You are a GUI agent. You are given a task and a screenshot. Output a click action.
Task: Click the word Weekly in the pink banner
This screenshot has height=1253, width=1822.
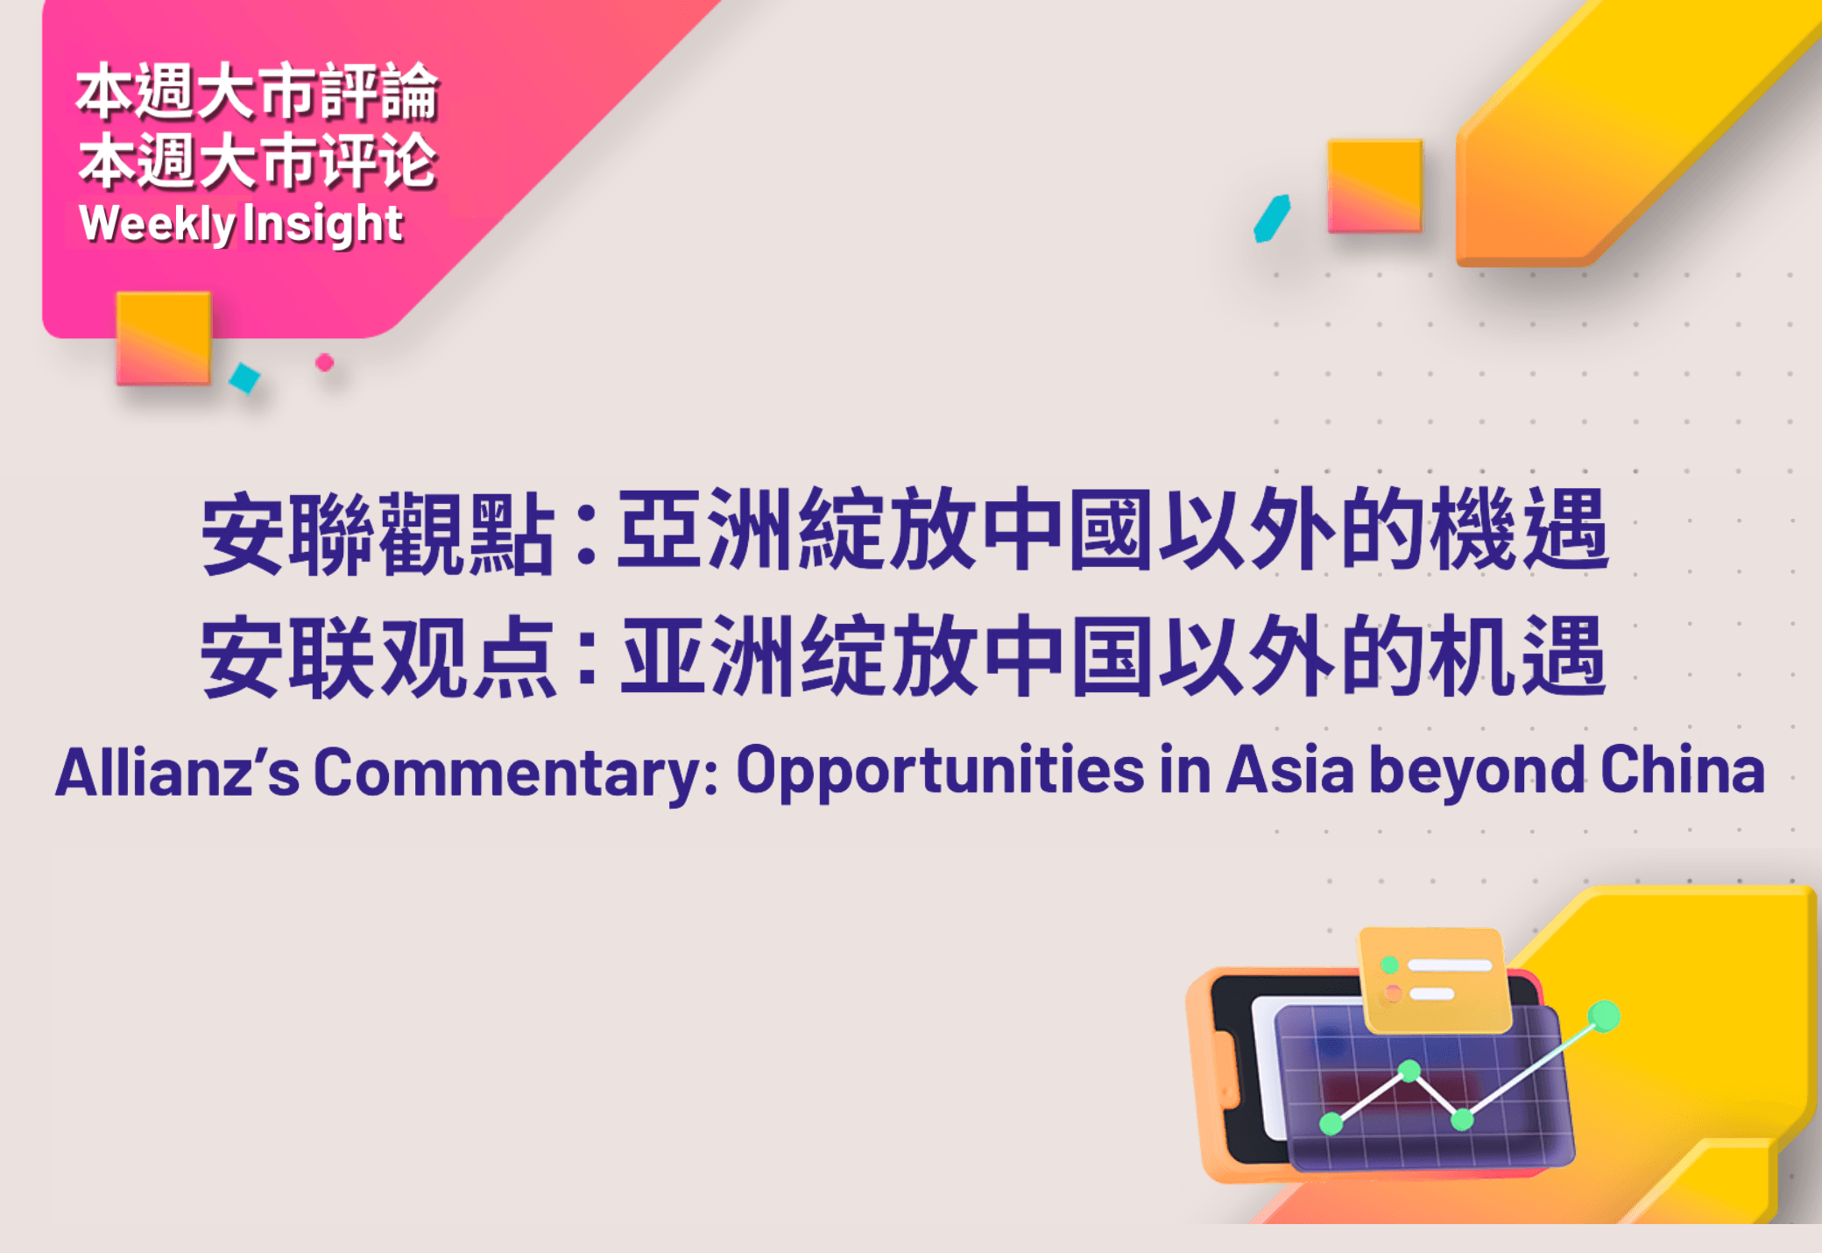pyautogui.click(x=157, y=223)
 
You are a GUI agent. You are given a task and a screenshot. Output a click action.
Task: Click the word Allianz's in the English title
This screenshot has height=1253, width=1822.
pyautogui.click(x=178, y=772)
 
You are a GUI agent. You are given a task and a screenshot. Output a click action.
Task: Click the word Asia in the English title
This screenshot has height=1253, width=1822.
pyautogui.click(x=1289, y=771)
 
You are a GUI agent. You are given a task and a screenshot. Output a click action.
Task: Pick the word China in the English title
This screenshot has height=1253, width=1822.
pyautogui.click(x=1683, y=770)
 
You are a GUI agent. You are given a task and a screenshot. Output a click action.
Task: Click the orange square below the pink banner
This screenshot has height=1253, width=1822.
pyautogui.click(x=164, y=338)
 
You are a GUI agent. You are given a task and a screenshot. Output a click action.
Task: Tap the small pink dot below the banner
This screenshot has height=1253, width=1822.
pyautogui.click(x=324, y=362)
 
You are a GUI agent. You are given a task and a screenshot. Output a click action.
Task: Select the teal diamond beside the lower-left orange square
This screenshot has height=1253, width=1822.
pyautogui.click(x=244, y=378)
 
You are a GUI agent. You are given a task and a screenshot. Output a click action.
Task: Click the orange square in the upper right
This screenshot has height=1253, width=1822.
pyautogui.click(x=1374, y=186)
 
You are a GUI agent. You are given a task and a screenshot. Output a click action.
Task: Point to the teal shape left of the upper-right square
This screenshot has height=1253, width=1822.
pyautogui.click(x=1272, y=218)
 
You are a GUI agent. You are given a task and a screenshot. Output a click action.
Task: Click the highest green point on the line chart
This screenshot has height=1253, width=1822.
pyautogui.click(x=1604, y=1016)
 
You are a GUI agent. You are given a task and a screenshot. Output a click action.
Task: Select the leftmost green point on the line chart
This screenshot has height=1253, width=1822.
pyautogui.click(x=1331, y=1122)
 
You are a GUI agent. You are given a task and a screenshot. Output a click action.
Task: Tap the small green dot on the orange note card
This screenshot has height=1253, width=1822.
pyautogui.click(x=1389, y=965)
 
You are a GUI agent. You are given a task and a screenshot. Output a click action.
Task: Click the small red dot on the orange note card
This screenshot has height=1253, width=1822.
pyautogui.click(x=1393, y=994)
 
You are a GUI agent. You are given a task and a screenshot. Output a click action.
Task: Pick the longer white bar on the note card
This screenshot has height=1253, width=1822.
pyautogui.click(x=1450, y=965)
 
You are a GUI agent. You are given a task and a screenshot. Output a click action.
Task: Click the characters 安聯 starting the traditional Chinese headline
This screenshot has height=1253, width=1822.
pyautogui.click(x=289, y=534)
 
